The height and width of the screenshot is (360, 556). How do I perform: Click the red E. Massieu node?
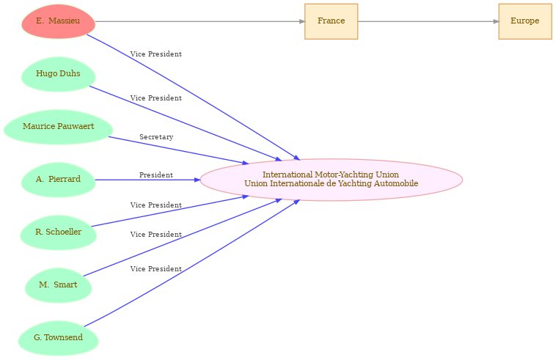(x=59, y=21)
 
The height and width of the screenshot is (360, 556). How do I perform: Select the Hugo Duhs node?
(x=59, y=74)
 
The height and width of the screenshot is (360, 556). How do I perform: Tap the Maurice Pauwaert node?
(x=59, y=127)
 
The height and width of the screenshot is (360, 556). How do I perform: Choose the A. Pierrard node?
(x=59, y=180)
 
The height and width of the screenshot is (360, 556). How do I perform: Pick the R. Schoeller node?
(x=59, y=232)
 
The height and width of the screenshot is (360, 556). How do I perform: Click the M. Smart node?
(x=59, y=285)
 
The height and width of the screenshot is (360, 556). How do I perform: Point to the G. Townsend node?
(x=59, y=338)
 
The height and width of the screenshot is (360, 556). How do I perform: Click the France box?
(x=332, y=21)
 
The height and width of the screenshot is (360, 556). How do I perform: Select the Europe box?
(x=525, y=21)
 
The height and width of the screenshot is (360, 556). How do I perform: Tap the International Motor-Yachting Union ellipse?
(x=332, y=180)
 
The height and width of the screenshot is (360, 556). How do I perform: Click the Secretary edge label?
(x=156, y=137)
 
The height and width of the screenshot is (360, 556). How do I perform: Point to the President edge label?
(x=156, y=175)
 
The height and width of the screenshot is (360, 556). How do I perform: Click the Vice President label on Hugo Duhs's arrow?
(x=156, y=98)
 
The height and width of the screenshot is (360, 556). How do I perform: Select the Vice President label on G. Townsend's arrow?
(x=156, y=269)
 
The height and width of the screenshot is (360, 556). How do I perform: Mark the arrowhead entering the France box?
(x=301, y=21)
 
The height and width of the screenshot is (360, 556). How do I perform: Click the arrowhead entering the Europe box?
(x=496, y=21)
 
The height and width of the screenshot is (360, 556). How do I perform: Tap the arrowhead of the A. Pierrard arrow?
(x=197, y=180)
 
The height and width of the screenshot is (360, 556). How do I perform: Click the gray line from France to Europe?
(x=428, y=21)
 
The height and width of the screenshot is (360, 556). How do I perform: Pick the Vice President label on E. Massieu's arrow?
(x=156, y=54)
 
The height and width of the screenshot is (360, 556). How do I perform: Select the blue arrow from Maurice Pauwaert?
(x=178, y=150)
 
